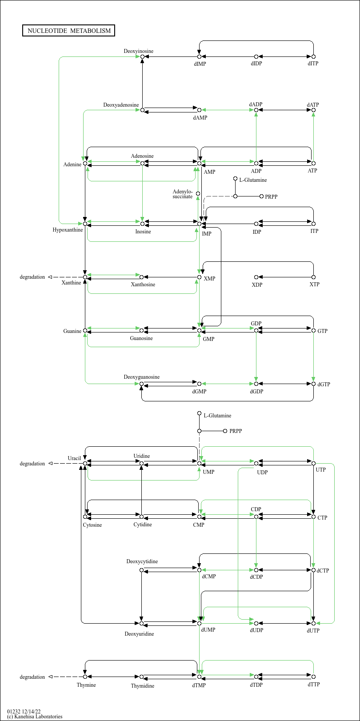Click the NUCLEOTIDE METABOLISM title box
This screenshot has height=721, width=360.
point(68,31)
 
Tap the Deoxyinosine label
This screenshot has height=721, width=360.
point(138,51)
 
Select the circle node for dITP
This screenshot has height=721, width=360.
point(313,56)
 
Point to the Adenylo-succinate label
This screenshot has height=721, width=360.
point(182,194)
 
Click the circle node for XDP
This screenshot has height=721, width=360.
point(256,277)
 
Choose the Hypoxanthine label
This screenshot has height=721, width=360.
point(68,230)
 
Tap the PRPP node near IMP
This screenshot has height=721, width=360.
point(261,196)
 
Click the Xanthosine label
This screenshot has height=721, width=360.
point(143,284)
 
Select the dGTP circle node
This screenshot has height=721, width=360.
point(313,384)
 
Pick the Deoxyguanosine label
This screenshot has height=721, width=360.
point(141,377)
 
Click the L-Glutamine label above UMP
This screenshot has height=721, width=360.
point(217,416)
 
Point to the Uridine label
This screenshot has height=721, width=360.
point(141,456)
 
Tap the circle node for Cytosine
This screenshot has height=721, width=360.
point(85,517)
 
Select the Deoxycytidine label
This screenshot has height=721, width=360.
point(142,561)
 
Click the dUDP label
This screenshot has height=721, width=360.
point(256,630)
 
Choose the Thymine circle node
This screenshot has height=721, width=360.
point(85,677)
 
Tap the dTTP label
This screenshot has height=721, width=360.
point(313,684)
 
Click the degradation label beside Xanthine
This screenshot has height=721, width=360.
point(32,277)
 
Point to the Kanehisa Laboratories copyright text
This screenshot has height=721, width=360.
point(35,717)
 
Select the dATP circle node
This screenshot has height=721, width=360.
point(313,110)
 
